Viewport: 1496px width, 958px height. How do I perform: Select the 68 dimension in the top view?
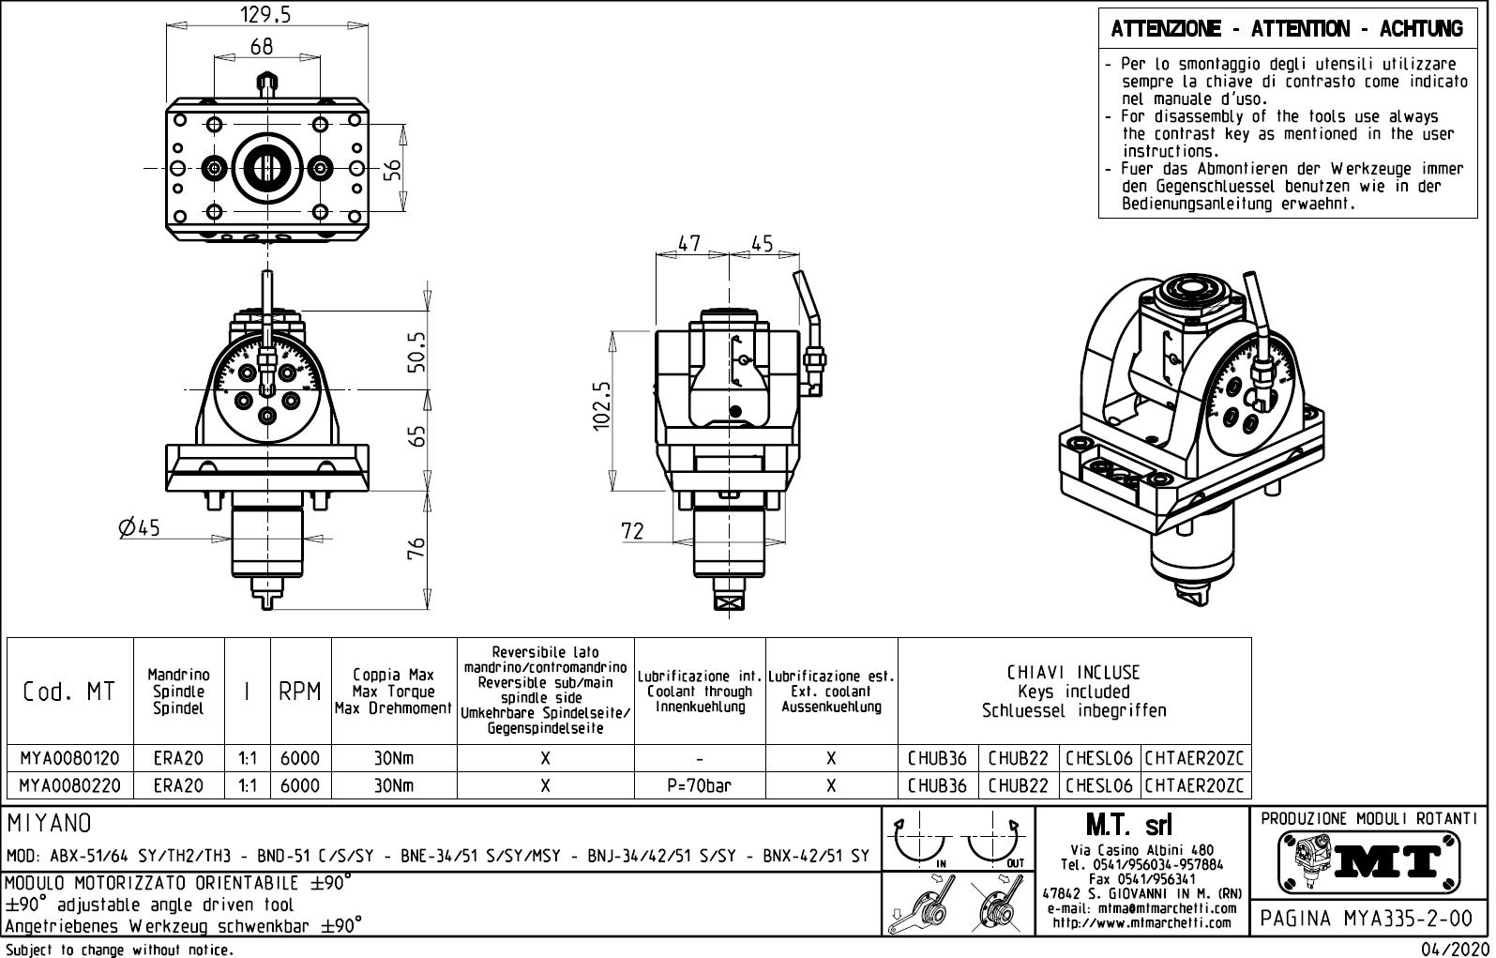tap(263, 46)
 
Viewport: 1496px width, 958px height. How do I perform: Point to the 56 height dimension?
tap(394, 169)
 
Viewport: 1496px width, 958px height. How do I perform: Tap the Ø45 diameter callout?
tap(140, 528)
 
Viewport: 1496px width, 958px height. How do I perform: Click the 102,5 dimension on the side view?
tap(603, 405)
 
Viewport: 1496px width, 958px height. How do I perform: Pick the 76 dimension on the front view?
tap(417, 548)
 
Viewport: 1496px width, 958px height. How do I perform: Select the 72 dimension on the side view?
tap(633, 531)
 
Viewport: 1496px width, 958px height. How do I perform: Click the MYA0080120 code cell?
tap(69, 758)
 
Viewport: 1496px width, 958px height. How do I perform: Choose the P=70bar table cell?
tap(700, 785)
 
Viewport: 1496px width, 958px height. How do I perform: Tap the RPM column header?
tap(300, 692)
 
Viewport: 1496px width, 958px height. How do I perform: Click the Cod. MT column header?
tap(69, 692)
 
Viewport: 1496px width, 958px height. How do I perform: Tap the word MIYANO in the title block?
tap(50, 824)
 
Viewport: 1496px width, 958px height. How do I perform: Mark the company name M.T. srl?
tap(1128, 826)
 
